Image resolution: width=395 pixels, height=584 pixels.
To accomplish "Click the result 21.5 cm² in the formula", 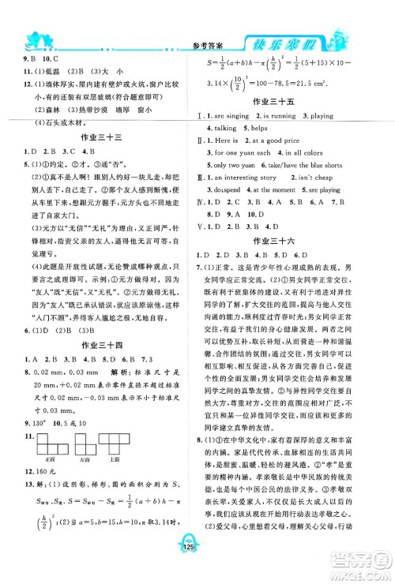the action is (332, 81).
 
